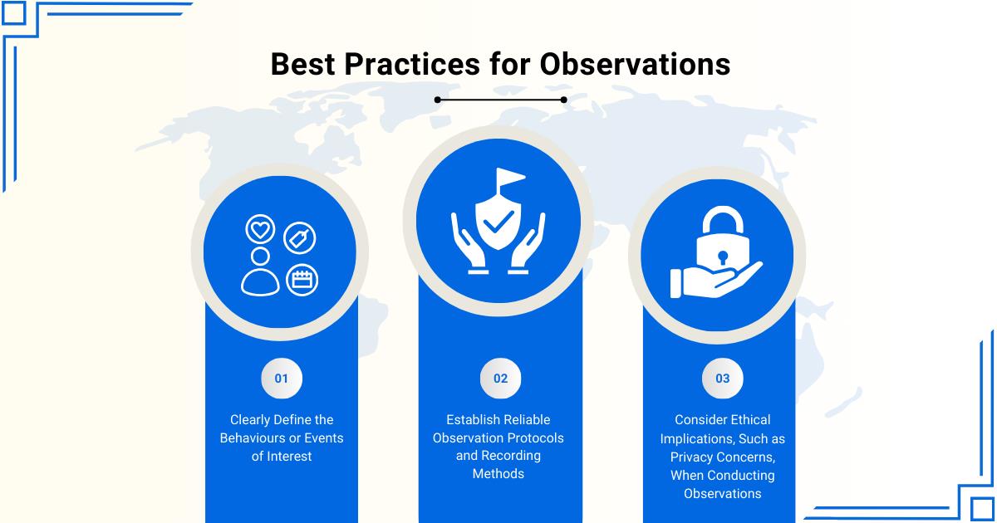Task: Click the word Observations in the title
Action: coord(635,64)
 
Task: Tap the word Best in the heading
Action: coord(302,64)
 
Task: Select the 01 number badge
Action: coord(282,379)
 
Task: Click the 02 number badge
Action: coord(500,379)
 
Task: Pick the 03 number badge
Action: coord(722,379)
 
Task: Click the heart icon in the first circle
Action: coord(260,229)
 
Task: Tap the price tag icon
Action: coord(300,238)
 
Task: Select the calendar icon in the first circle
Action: coord(302,280)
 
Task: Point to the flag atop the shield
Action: coord(510,177)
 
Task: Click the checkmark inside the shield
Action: coord(498,221)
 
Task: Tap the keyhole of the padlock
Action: coord(722,257)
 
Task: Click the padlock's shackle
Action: coord(723,220)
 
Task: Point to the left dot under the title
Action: coord(438,100)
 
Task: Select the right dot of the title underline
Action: coord(563,100)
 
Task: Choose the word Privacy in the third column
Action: coord(691,457)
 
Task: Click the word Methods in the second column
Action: coord(498,474)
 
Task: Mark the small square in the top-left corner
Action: coord(13,13)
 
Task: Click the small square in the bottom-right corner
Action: coord(981,509)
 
